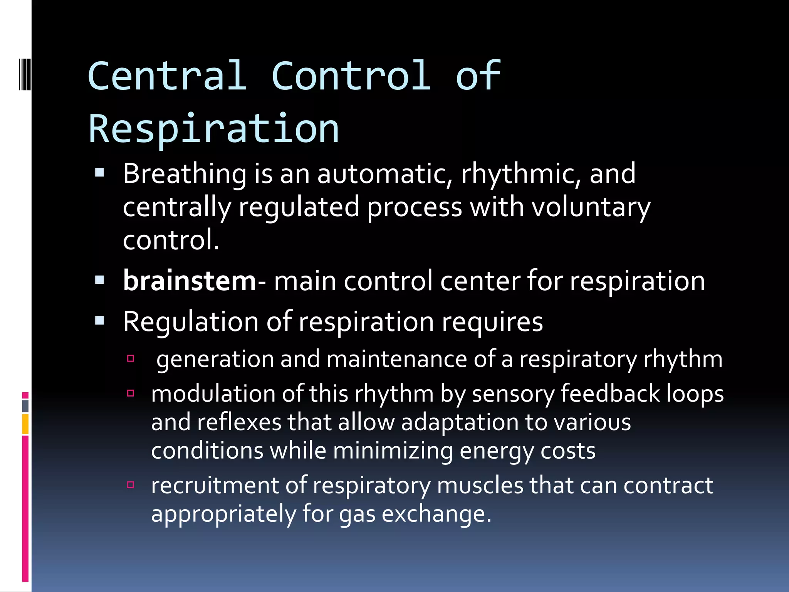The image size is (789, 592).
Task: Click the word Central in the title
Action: [167, 76]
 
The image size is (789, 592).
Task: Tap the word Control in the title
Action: [351, 76]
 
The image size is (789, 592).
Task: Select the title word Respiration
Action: [214, 129]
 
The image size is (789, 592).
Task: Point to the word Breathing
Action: [185, 174]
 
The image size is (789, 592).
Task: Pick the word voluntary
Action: [591, 208]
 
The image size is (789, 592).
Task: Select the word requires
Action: [492, 322]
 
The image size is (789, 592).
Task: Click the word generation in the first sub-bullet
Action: [215, 359]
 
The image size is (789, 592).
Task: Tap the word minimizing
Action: [393, 451]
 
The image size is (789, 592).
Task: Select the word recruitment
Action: [215, 485]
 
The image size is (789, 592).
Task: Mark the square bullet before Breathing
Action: [100, 172]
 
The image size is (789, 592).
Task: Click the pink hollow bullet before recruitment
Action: [131, 484]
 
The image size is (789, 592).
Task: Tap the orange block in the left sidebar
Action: [25, 424]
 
